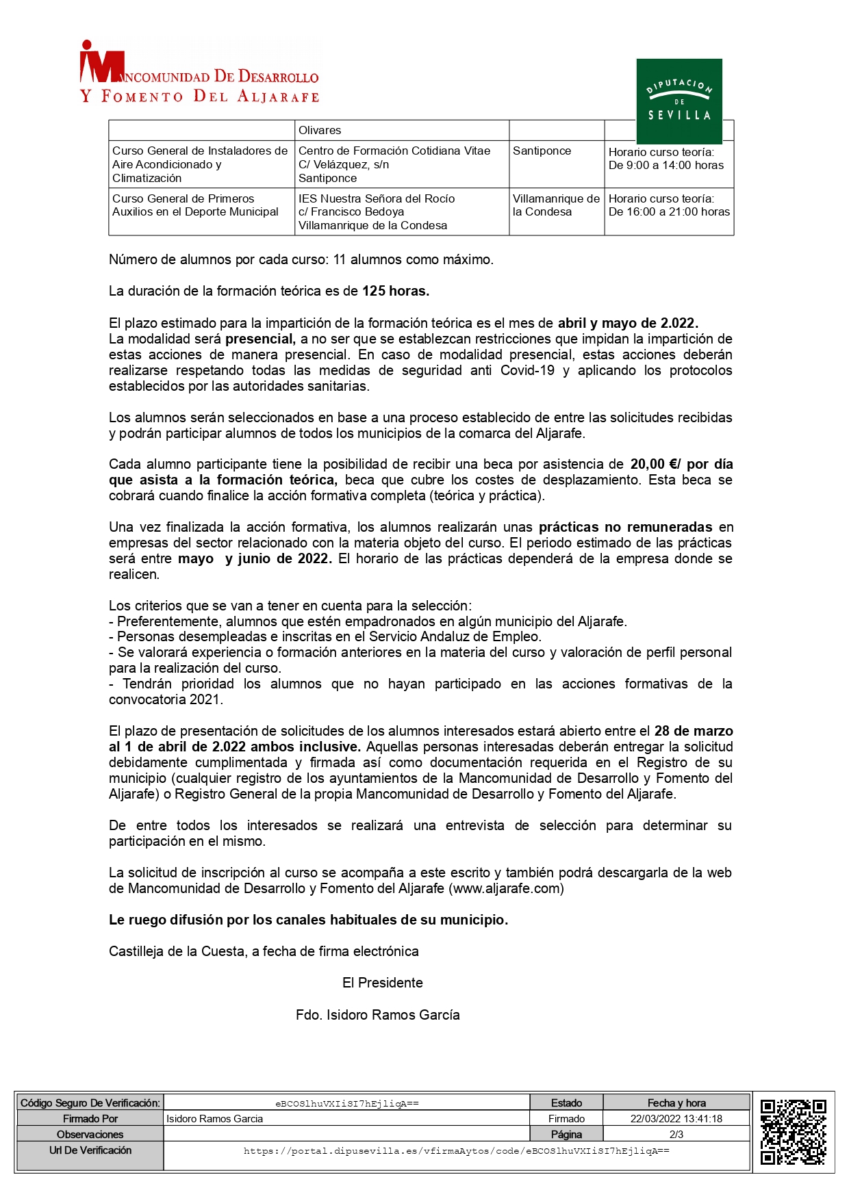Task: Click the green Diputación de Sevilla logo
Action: [679, 101]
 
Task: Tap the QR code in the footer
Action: [793, 1131]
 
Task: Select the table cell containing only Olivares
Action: [401, 130]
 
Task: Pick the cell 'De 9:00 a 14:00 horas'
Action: [666, 165]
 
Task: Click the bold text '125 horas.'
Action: [395, 291]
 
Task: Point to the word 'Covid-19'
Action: [527, 370]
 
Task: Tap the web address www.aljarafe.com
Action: [506, 888]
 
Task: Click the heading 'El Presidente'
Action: [382, 983]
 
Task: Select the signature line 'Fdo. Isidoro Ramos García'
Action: [377, 1014]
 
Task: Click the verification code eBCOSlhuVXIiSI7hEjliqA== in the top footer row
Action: [346, 1103]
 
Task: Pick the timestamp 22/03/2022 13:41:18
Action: [676, 1119]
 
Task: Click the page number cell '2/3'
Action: [676, 1134]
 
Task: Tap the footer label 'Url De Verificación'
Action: [90, 1150]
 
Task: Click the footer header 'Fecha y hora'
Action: [676, 1103]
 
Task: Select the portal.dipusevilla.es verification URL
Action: [456, 1151]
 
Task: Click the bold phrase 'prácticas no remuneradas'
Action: [625, 527]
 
